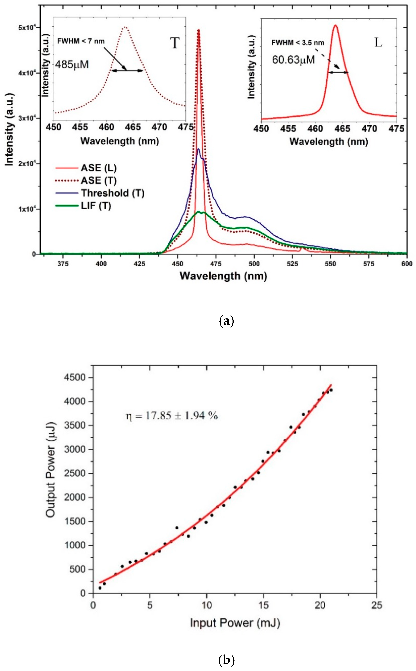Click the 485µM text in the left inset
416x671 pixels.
coord(72,65)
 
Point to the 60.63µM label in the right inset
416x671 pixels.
coord(293,60)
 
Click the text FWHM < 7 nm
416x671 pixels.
coord(81,41)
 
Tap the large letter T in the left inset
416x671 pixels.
coord(175,43)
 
